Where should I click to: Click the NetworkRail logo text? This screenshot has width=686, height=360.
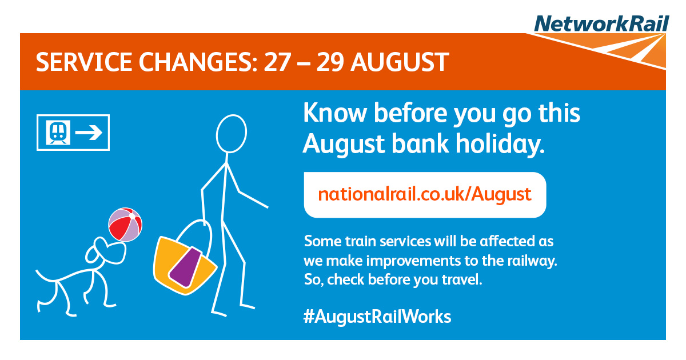[601, 23]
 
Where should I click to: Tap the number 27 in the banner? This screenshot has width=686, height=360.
[277, 62]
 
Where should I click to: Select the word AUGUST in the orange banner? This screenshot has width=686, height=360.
[400, 62]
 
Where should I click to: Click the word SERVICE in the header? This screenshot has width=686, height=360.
[84, 62]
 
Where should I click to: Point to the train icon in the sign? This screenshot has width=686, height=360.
[58, 132]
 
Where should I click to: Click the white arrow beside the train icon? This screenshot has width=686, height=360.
[89, 133]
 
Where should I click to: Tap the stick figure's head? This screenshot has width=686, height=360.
[231, 134]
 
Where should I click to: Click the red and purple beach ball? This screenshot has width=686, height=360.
[125, 225]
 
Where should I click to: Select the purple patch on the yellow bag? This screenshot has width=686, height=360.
[186, 267]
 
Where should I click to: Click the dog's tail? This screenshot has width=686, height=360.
[46, 277]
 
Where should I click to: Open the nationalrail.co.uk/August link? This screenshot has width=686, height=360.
[425, 195]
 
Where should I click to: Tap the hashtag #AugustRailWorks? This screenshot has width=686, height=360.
[377, 317]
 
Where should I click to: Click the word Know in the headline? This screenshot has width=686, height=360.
[335, 113]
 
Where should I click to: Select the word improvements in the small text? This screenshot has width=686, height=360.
[413, 261]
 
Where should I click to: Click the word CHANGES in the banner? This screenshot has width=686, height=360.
[198, 62]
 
